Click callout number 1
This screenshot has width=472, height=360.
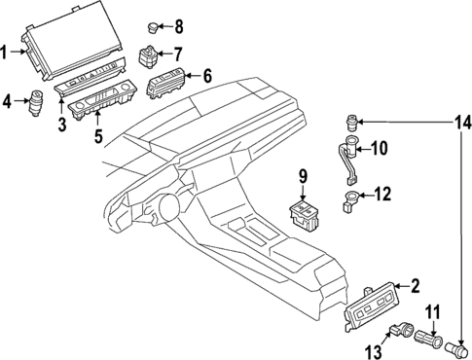(8, 52)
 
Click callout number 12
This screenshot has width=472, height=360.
(381, 195)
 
